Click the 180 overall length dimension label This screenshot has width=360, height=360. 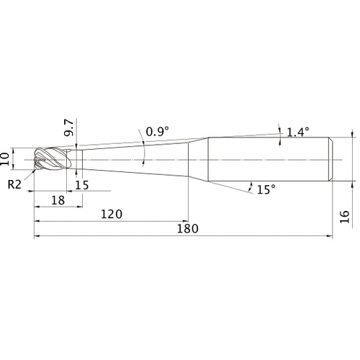click(x=187, y=228)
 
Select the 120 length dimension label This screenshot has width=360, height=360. click(x=112, y=214)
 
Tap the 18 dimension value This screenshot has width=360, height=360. click(x=58, y=200)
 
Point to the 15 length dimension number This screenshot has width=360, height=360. click(x=82, y=185)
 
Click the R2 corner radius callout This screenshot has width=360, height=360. click(x=14, y=184)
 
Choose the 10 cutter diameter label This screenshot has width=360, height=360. click(x=5, y=159)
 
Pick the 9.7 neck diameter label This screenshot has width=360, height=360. click(x=69, y=127)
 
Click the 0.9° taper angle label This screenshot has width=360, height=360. click(x=158, y=132)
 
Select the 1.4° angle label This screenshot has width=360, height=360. click(x=298, y=132)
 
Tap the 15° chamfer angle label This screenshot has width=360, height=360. click(x=266, y=189)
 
